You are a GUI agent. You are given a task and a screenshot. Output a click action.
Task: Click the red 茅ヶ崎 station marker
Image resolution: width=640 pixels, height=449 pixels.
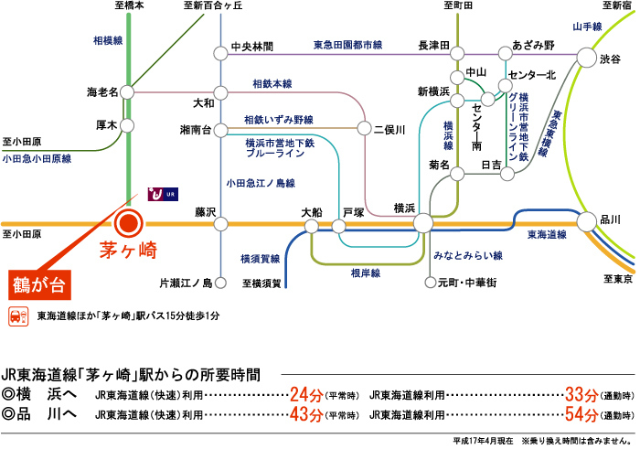point(129,223)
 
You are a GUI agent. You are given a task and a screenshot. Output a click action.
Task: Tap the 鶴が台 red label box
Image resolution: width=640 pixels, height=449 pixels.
point(40,285)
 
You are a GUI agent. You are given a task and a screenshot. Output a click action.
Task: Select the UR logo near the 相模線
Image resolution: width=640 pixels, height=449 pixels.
point(163,194)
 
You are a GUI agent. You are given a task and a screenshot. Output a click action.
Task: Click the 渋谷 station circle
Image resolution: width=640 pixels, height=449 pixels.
point(587,58)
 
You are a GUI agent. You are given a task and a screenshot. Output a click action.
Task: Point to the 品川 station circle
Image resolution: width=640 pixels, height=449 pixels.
point(587,221)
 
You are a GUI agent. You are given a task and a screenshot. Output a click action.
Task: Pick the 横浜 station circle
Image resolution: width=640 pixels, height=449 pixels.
point(423,223)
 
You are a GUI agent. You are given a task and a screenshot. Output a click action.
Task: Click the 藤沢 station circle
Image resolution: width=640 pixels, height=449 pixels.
point(221,224)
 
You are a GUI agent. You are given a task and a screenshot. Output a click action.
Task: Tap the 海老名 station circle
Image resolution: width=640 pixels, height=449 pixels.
point(127,92)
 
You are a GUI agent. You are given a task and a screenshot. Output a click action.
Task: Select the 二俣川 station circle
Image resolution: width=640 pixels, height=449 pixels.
point(364,128)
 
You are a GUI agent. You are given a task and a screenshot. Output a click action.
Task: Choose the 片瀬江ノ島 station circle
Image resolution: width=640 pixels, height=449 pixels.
point(220,283)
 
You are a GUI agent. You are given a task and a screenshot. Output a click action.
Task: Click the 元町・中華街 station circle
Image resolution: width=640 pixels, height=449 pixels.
point(431,283)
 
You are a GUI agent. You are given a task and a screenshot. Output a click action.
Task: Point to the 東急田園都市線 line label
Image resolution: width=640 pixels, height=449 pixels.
point(347,45)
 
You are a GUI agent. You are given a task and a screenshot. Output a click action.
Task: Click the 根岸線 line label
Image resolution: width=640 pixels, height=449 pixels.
point(366,273)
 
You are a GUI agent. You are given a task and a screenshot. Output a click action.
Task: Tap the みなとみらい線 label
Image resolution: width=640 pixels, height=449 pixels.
point(468,255)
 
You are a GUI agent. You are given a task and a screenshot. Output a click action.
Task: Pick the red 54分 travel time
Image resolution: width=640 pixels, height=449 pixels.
point(581,415)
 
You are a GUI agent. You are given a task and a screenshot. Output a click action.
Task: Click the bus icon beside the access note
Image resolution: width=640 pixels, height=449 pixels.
point(18,316)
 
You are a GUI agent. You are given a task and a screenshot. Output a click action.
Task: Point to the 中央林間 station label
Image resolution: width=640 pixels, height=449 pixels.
point(252,47)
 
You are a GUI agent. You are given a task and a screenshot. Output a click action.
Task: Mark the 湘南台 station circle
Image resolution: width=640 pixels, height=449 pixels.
point(221,130)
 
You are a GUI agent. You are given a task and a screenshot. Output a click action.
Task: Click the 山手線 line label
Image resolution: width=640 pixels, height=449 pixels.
point(587,27)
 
